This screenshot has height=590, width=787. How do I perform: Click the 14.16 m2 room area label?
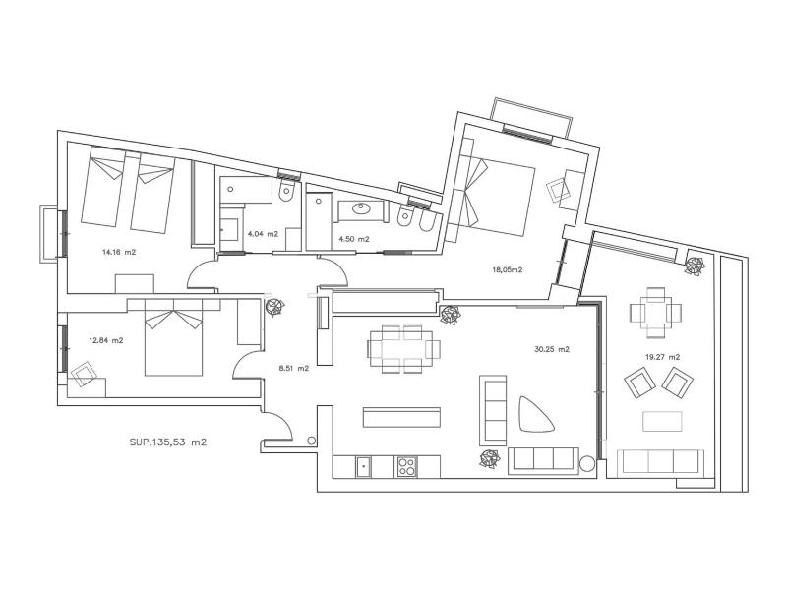119,253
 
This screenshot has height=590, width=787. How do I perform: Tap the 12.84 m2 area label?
106,340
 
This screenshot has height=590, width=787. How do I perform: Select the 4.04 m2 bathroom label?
263,234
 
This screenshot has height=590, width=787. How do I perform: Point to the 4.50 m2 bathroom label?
354,239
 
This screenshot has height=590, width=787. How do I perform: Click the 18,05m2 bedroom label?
508,269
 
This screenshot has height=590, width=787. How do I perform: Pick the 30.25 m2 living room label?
552,350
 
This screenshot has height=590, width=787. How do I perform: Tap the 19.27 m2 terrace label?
662,357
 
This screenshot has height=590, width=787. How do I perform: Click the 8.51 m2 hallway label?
293,368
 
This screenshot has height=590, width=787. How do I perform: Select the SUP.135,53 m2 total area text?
168,442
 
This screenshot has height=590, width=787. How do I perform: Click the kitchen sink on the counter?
363,466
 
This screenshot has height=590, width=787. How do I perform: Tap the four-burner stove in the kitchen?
407,466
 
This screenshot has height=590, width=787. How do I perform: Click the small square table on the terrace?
655,312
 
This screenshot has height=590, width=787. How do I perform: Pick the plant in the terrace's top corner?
696,265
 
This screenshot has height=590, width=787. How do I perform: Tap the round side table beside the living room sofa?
586,464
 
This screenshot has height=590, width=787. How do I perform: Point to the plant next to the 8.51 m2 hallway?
274,307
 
